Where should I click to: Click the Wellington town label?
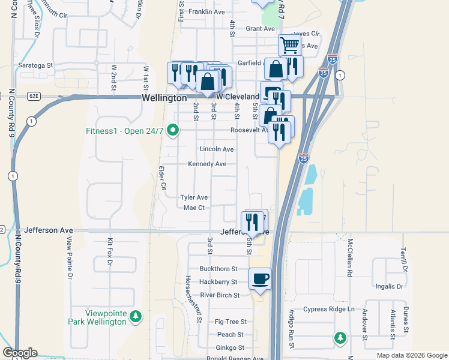click(164, 98)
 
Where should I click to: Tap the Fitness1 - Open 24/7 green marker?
click(173, 130)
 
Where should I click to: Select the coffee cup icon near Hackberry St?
click(260, 278)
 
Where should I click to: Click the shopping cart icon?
click(289, 44)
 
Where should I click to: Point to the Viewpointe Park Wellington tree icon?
click(136, 316)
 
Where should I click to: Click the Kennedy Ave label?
click(207, 164)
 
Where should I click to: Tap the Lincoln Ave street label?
click(217, 149)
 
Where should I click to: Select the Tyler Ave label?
click(194, 197)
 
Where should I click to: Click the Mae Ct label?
click(194, 208)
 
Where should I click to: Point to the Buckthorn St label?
click(218, 269)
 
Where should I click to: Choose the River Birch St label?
click(220, 295)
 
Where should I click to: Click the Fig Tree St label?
click(227, 322)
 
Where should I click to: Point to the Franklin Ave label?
click(206, 11)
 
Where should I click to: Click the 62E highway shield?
click(32, 96)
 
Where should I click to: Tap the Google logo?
click(20, 353)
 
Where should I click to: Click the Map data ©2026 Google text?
click(411, 355)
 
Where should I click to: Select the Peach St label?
click(230, 335)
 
